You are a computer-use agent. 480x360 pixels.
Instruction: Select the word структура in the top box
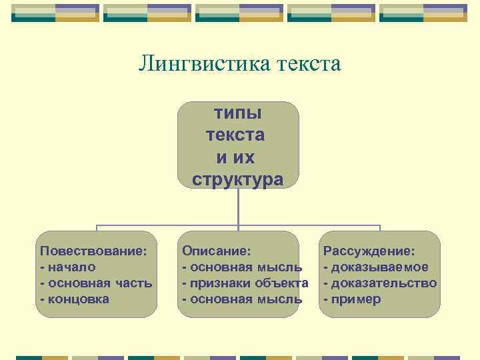pos(237,179)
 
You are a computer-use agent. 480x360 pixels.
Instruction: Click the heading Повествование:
pos(93,251)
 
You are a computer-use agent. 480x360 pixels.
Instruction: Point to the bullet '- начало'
pos(68,267)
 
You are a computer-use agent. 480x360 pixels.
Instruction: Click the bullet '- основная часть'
pos(96,283)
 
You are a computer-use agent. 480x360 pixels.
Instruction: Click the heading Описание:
pos(217,251)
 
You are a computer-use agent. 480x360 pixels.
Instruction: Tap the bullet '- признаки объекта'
pos(245,283)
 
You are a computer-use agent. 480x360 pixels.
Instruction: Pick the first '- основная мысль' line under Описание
pos(242,267)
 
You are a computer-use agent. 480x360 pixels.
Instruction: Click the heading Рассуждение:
pos(369,251)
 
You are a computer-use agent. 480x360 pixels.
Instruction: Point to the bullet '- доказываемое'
pos(376,267)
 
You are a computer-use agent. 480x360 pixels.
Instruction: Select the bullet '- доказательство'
pos(380,283)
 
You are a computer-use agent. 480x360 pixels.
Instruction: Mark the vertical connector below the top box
pos(239,207)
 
